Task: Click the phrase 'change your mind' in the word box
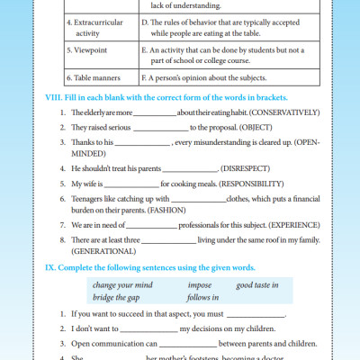click(x=122, y=285)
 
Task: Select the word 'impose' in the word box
click(x=200, y=285)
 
